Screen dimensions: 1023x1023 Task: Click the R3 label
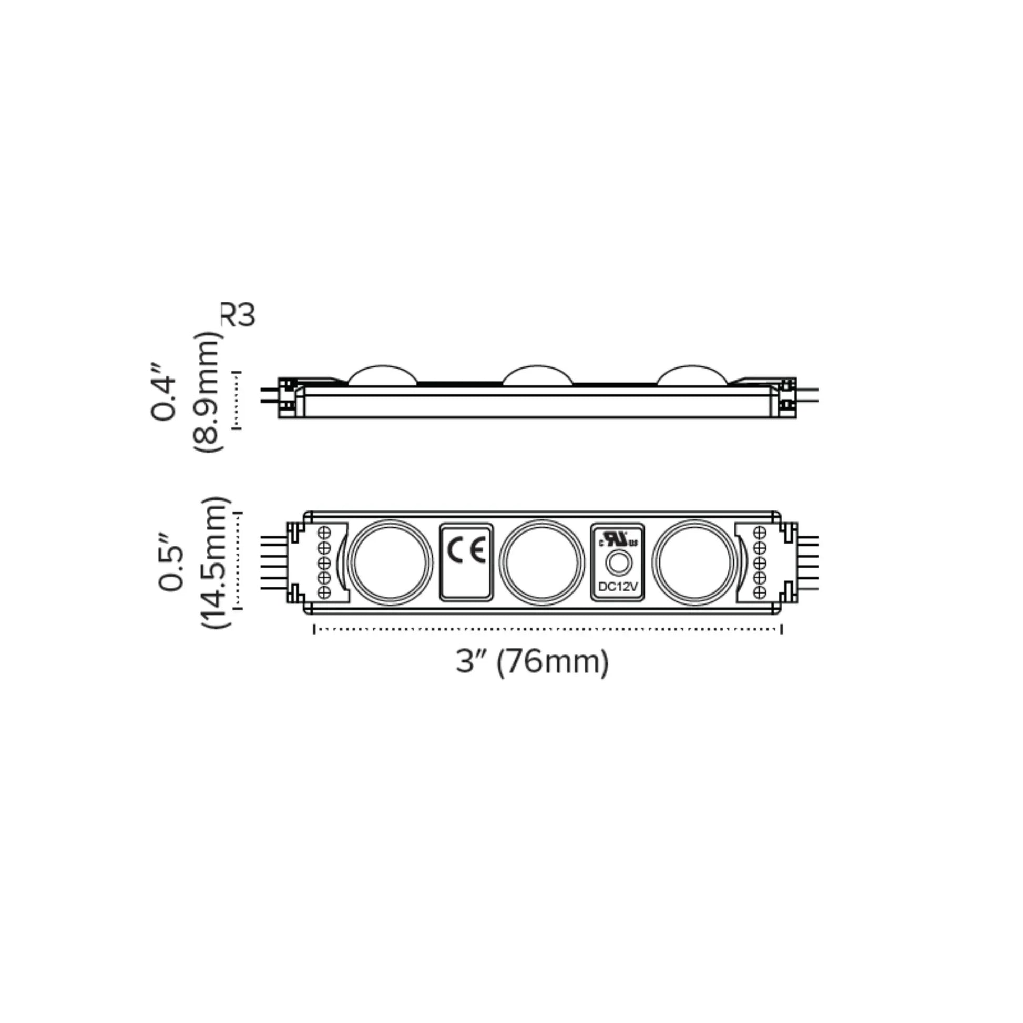click(238, 315)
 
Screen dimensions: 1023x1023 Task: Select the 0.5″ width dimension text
click(170, 561)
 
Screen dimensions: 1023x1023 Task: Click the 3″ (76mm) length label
click(532, 661)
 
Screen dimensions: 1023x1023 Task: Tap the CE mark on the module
click(466, 550)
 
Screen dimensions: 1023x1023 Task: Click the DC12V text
click(618, 587)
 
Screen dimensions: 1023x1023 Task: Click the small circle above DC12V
click(618, 563)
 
